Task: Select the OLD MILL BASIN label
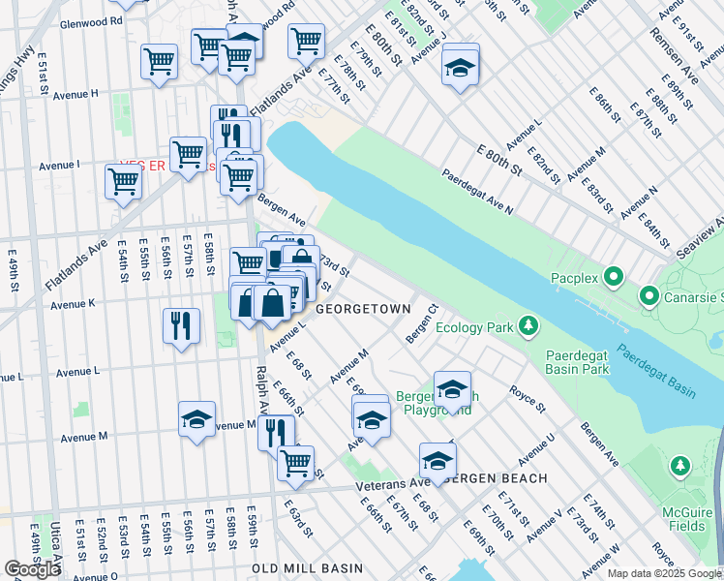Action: pos(307,568)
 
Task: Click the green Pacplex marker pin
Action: pos(613,280)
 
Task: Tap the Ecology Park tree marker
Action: pos(528,325)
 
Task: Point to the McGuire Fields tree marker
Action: pos(680,468)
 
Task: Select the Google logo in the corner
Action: pos(32,568)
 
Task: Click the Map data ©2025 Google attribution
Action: pos(664,573)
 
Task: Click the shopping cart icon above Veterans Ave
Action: pos(295,462)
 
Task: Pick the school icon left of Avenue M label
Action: pos(196,419)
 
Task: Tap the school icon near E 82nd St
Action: pos(459,67)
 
